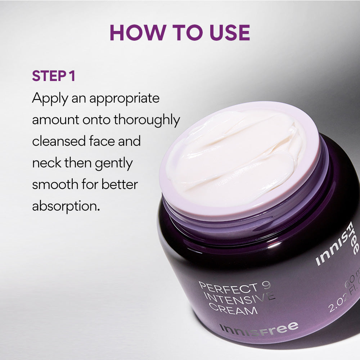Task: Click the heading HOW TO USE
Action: click(x=180, y=32)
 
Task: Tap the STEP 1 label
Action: click(x=53, y=76)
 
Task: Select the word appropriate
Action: click(x=124, y=99)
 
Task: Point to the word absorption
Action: click(x=66, y=207)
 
